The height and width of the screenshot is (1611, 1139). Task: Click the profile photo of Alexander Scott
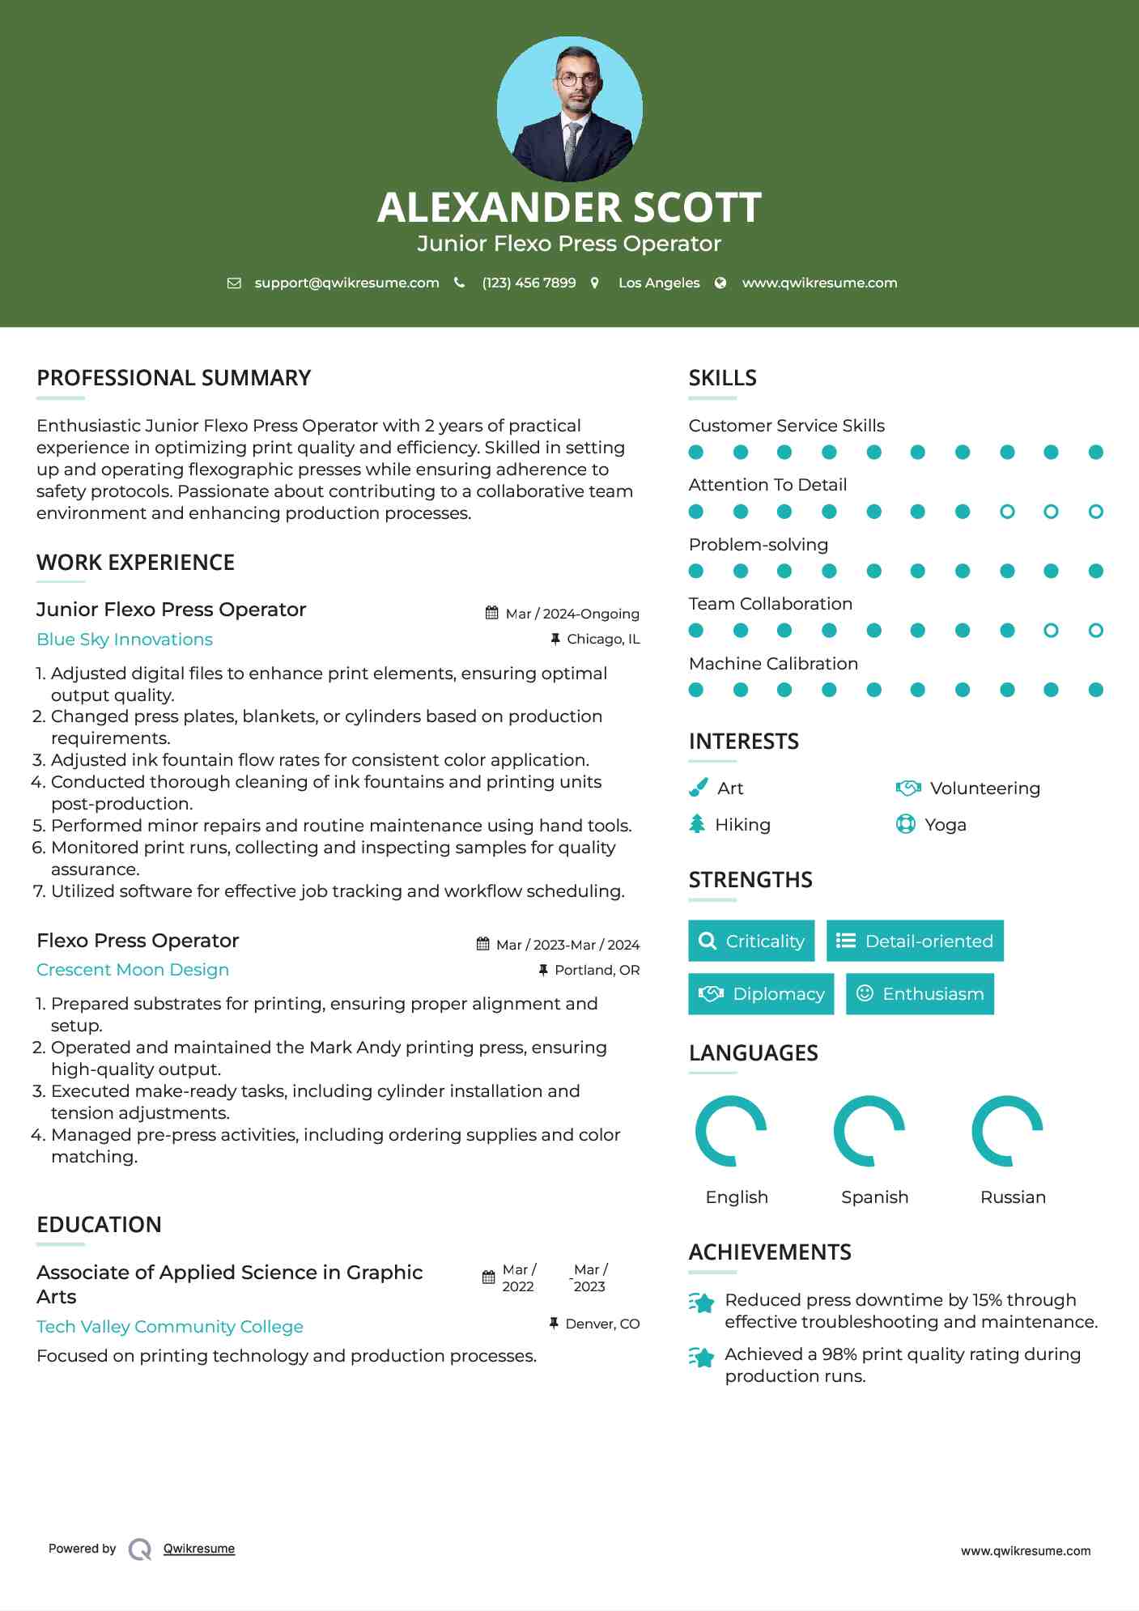tap(569, 108)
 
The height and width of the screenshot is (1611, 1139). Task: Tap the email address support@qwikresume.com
tap(346, 283)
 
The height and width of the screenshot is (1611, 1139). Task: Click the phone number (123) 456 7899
tap(529, 283)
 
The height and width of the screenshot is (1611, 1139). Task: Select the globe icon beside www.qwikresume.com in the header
tap(720, 283)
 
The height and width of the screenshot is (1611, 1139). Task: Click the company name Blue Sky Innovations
tap(125, 640)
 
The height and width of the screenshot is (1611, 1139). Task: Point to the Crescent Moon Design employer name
tap(133, 970)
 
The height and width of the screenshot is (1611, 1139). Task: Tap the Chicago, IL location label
tap(603, 640)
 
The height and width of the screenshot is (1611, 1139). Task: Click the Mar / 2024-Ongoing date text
tap(572, 614)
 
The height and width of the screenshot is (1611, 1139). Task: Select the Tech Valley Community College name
tap(170, 1327)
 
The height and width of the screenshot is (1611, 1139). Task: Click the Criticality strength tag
tap(751, 941)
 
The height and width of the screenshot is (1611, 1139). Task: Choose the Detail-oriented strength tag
tap(915, 941)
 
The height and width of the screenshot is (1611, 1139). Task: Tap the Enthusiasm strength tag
tap(920, 994)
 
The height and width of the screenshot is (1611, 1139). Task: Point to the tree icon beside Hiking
tap(697, 824)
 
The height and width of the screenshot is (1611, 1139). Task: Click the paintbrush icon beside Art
tap(698, 788)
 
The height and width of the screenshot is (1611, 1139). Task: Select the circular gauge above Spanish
tap(869, 1131)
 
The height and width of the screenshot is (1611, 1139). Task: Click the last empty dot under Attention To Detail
tap(1095, 512)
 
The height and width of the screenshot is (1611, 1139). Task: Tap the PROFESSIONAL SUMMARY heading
tap(174, 378)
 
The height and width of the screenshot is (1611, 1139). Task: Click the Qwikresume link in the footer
tap(199, 1549)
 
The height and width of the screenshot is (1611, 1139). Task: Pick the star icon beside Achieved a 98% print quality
tap(702, 1357)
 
